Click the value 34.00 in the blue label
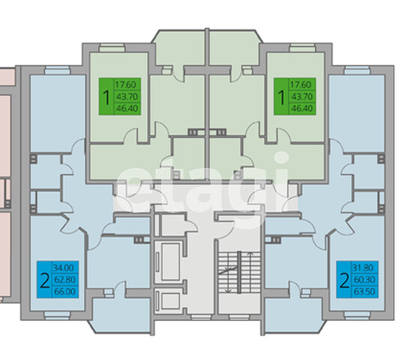click(x=64, y=268)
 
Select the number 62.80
click(x=65, y=280)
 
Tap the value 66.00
click(x=65, y=292)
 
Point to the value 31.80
click(x=363, y=268)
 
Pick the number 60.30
click(x=364, y=280)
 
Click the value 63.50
click(x=364, y=292)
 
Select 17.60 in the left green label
click(x=125, y=85)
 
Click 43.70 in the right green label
click(x=302, y=97)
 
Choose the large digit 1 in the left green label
click(x=106, y=97)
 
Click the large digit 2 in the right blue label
click(x=344, y=280)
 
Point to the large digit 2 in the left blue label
click(x=45, y=280)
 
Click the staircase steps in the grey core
click(x=239, y=272)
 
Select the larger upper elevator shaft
click(x=170, y=262)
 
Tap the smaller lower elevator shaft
click(x=170, y=301)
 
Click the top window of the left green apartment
click(x=112, y=49)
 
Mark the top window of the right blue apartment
click(x=357, y=70)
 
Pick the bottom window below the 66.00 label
click(x=57, y=315)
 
